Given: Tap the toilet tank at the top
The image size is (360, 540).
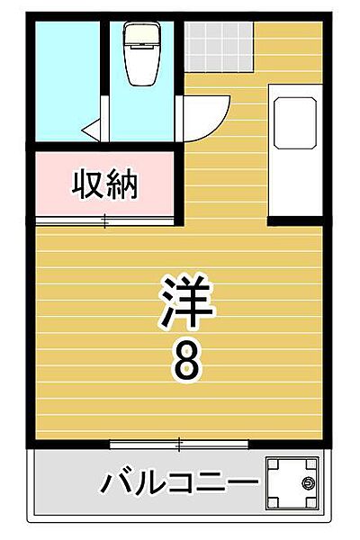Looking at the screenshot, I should pyautogui.click(x=141, y=35).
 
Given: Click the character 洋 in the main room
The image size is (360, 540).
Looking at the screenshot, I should pyautogui.click(x=188, y=304).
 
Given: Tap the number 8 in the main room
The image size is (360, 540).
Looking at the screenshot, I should pyautogui.click(x=187, y=361).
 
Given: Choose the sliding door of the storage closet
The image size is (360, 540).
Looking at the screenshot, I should pyautogui.click(x=104, y=220).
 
